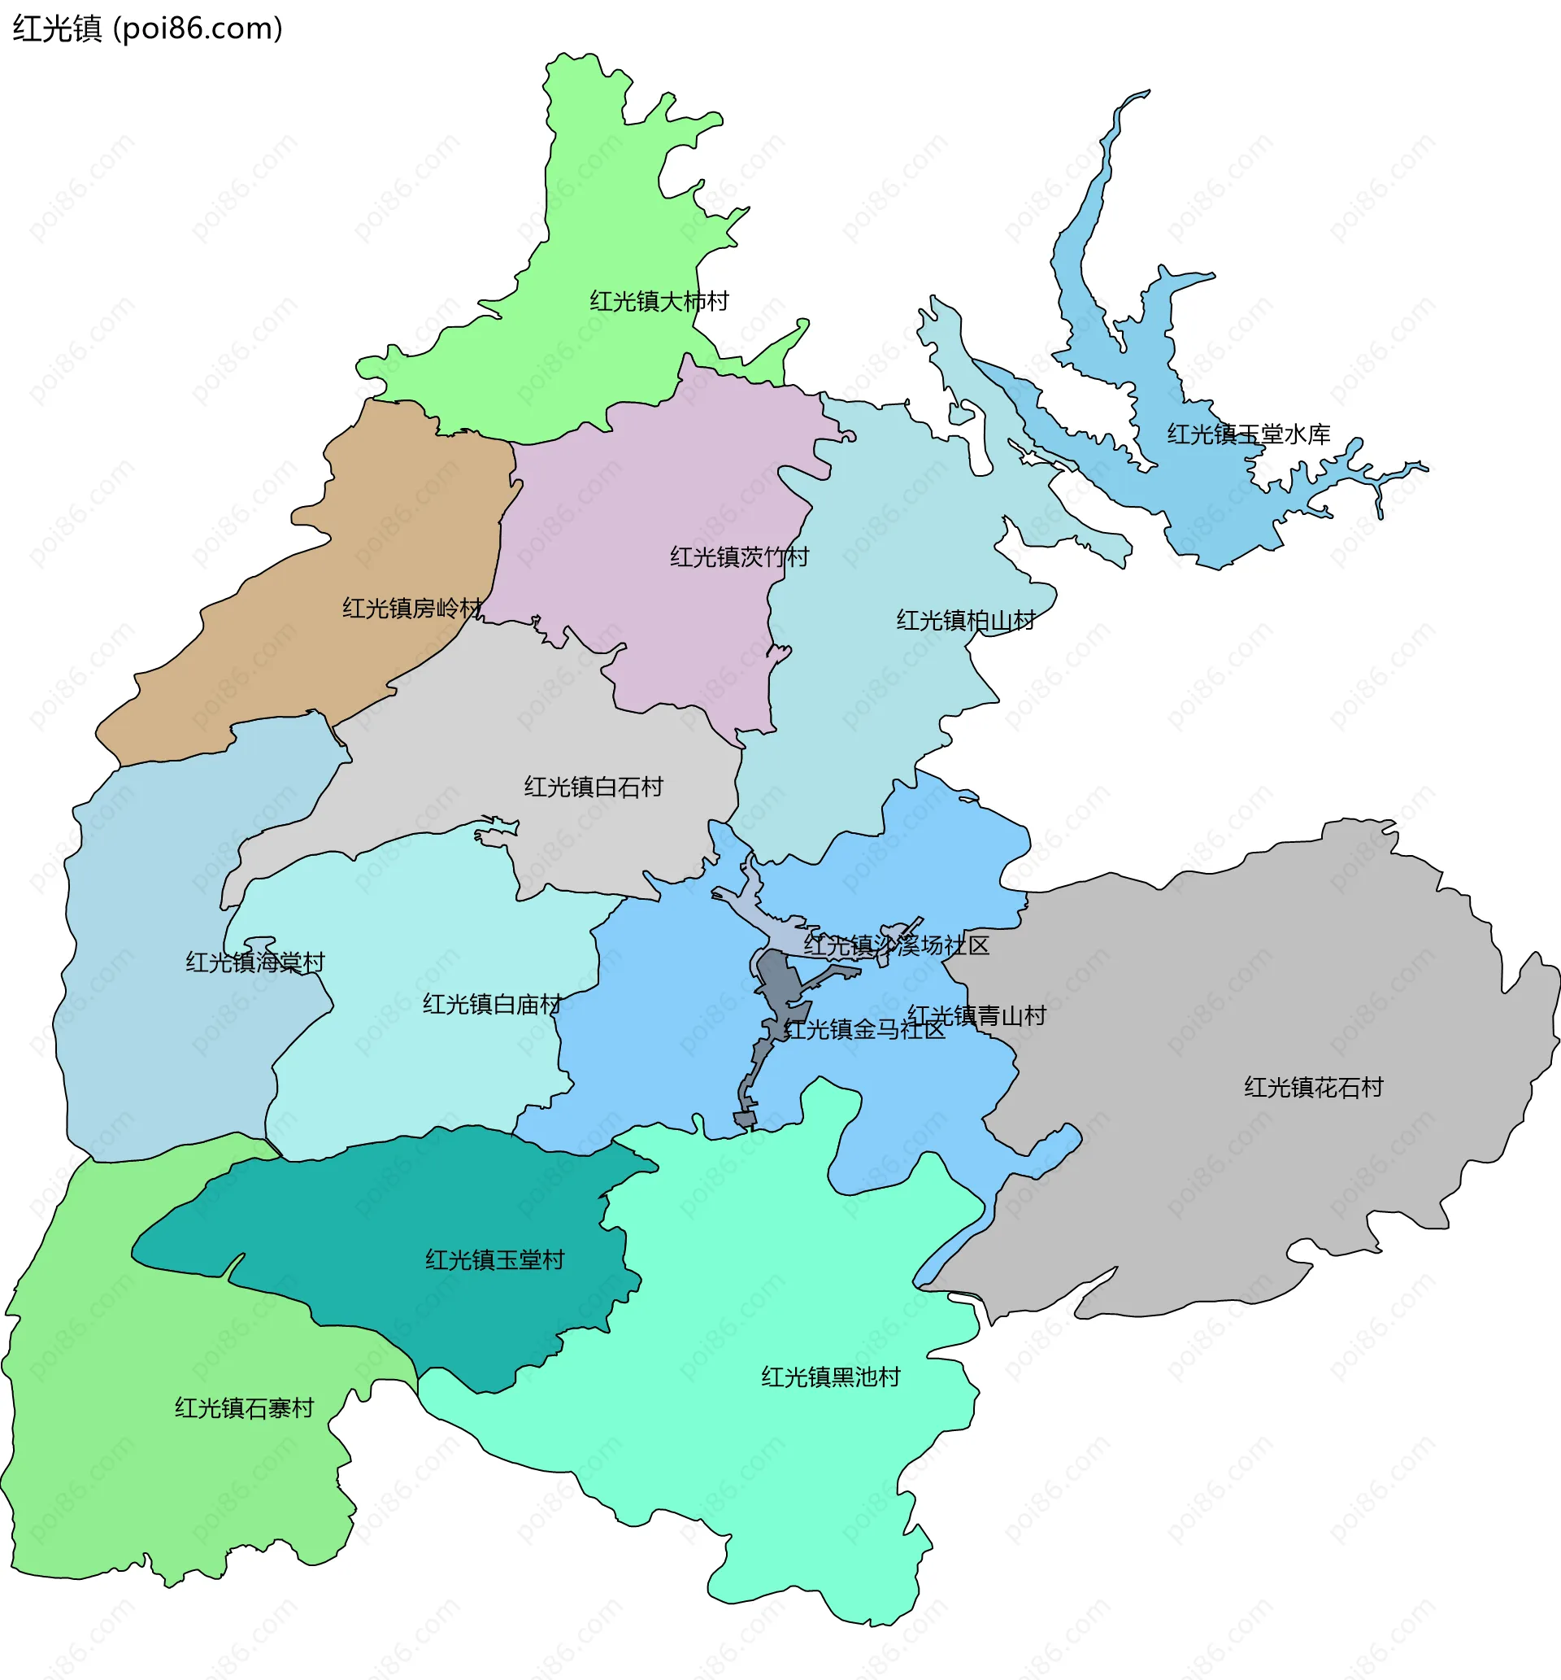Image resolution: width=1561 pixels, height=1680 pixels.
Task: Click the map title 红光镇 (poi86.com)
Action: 147,28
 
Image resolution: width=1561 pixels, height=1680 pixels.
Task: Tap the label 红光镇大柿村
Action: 659,302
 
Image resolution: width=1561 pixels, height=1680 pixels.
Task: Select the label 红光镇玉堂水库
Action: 1249,434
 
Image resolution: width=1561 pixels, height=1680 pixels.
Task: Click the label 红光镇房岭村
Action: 412,609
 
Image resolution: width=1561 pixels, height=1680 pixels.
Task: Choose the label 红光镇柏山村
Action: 966,620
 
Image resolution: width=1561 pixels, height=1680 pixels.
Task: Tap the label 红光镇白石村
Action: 593,787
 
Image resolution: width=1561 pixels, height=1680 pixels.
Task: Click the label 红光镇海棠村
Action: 255,962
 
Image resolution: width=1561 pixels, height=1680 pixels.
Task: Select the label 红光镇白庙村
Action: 492,1004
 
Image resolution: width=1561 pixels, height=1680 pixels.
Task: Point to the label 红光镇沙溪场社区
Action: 896,945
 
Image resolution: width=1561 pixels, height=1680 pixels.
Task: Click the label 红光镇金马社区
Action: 864,1029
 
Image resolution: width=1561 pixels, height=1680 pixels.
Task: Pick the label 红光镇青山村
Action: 976,1015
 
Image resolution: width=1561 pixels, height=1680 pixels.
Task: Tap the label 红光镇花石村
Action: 1314,1087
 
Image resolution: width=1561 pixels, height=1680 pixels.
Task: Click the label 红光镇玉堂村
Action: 495,1260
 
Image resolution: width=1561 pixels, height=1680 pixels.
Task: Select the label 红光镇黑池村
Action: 830,1377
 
